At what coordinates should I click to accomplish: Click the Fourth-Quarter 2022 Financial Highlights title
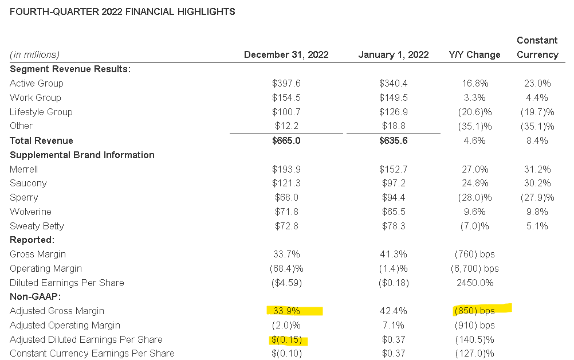(123, 11)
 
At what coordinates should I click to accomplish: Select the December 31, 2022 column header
(286, 54)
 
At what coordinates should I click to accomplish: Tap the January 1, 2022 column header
(393, 54)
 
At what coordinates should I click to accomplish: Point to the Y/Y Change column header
(474, 54)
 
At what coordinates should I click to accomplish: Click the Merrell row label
(25, 169)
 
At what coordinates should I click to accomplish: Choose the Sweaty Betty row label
(37, 226)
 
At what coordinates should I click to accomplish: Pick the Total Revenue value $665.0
(286, 140)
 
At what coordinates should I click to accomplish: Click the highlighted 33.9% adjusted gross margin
(286, 311)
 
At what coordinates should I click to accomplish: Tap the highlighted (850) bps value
(474, 311)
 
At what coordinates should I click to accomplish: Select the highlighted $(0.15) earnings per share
(287, 339)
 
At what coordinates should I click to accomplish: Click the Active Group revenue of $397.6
(286, 83)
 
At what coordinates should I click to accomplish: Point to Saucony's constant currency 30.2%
(537, 183)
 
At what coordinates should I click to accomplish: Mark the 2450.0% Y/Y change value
(474, 283)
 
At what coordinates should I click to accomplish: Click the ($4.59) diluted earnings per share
(286, 283)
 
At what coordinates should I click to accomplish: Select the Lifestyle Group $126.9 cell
(393, 112)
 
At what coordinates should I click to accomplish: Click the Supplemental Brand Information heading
(82, 155)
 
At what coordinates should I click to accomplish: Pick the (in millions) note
(34, 54)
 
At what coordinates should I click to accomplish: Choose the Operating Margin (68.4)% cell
(286, 268)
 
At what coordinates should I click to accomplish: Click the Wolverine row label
(31, 212)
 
